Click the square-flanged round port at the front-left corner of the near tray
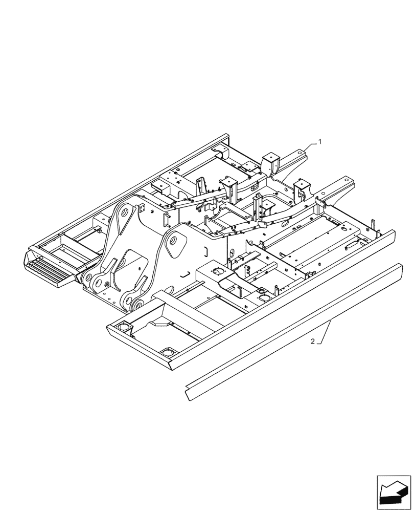pos(123,326)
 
